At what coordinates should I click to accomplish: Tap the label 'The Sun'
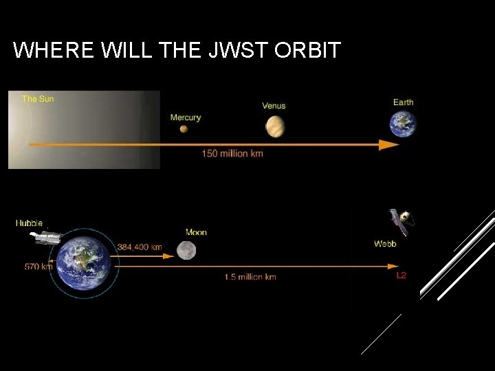click(38, 99)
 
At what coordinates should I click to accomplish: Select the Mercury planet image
click(184, 128)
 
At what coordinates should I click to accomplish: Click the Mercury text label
click(186, 117)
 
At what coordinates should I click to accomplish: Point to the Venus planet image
click(274, 126)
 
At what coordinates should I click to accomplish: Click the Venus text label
click(274, 106)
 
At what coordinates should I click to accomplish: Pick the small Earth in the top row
click(403, 124)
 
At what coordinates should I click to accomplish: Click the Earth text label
click(404, 102)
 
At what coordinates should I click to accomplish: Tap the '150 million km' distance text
click(232, 154)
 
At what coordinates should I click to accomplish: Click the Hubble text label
click(29, 223)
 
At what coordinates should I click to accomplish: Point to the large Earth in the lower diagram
click(83, 263)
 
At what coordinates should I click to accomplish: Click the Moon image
click(186, 250)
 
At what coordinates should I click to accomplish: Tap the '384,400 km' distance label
click(140, 247)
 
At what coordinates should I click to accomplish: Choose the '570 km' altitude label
click(38, 267)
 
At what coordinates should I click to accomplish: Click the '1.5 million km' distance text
click(250, 277)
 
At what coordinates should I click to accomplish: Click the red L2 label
click(401, 276)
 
